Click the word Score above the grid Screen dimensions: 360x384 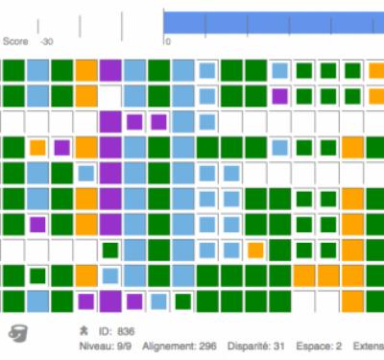point(14,41)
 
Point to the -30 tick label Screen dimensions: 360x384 point(46,41)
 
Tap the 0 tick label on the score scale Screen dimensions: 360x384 point(167,41)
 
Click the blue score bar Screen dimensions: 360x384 point(274,22)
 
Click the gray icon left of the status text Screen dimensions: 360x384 point(17,333)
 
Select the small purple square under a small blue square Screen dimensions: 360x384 point(280,96)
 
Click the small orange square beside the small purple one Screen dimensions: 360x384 point(37,148)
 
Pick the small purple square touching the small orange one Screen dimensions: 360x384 point(61,148)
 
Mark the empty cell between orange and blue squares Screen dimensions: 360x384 point(109,96)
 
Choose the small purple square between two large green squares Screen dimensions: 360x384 point(37,225)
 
